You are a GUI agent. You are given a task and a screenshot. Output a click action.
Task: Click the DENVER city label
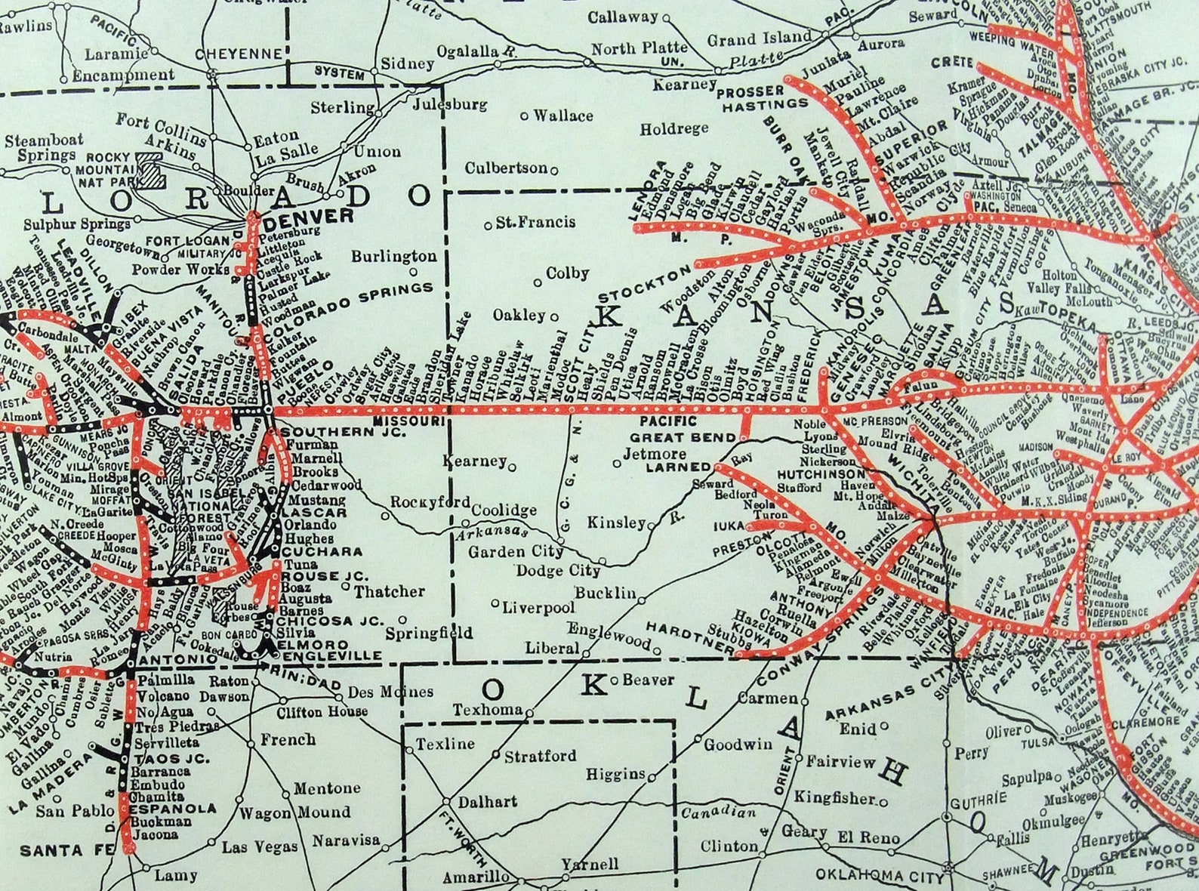310,217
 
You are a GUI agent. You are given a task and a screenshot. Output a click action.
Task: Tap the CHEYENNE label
238,54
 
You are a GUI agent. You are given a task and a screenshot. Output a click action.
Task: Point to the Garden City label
515,552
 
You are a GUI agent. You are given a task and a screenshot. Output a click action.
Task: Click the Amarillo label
476,877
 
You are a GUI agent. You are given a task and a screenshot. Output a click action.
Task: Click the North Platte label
639,48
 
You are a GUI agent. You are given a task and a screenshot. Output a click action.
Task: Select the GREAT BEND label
683,437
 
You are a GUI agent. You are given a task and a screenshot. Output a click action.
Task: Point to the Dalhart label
487,801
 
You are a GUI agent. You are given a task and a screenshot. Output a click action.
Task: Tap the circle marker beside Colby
538,283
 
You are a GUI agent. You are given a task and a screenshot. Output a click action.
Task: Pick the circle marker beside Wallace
525,116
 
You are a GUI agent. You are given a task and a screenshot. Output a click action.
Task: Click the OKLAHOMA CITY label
879,876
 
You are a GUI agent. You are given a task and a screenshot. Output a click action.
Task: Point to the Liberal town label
552,648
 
